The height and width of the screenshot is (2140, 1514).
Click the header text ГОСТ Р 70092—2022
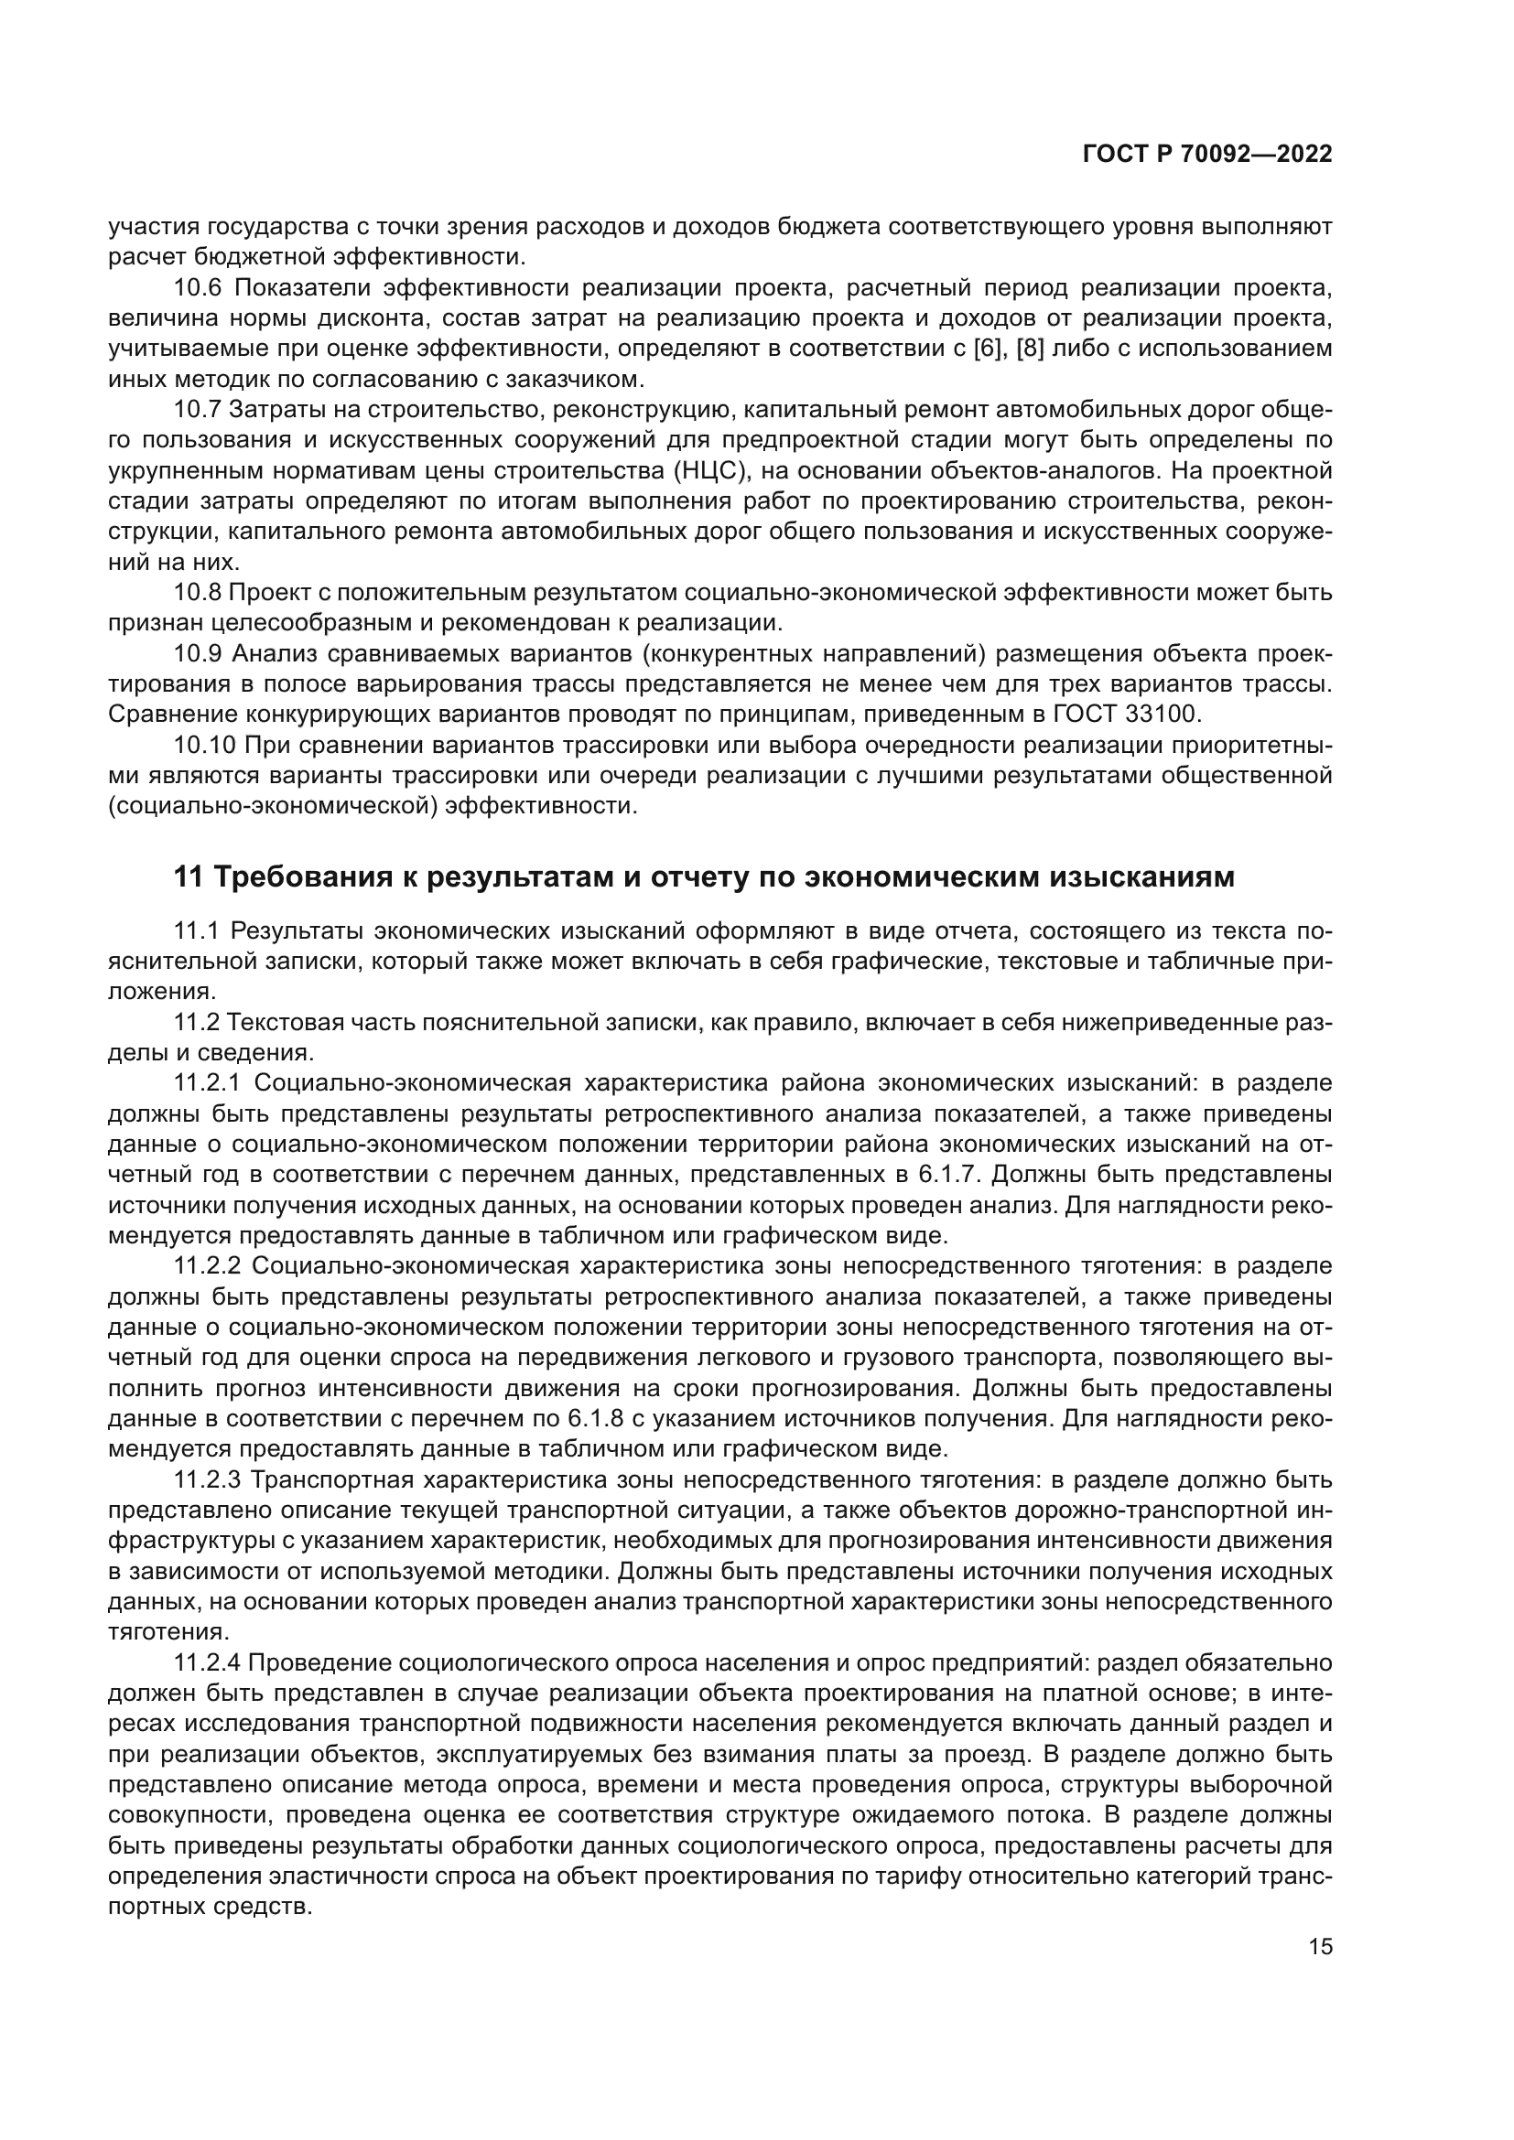(x=1207, y=155)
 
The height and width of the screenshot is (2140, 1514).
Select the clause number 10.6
(x=197, y=288)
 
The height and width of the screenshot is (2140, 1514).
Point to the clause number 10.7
(x=197, y=409)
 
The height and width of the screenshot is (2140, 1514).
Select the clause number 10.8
(x=197, y=592)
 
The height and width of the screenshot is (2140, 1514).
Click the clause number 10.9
(x=197, y=653)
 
